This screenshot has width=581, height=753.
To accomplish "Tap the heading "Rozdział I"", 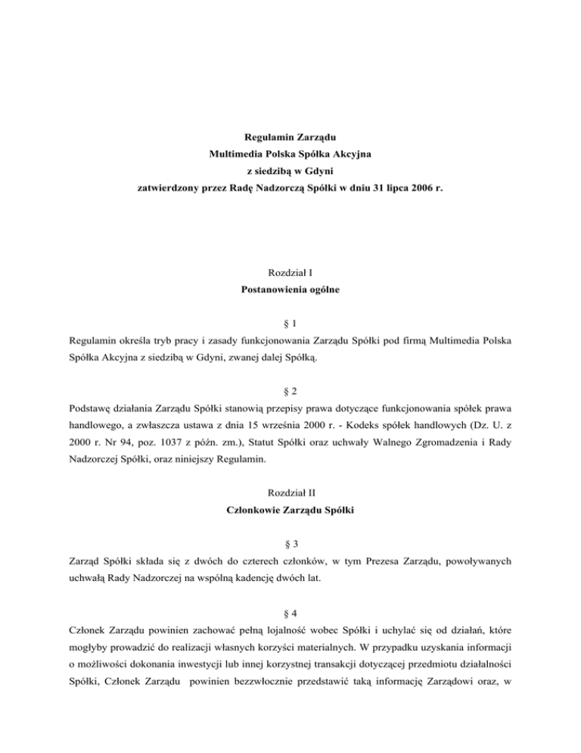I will point(290,272).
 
